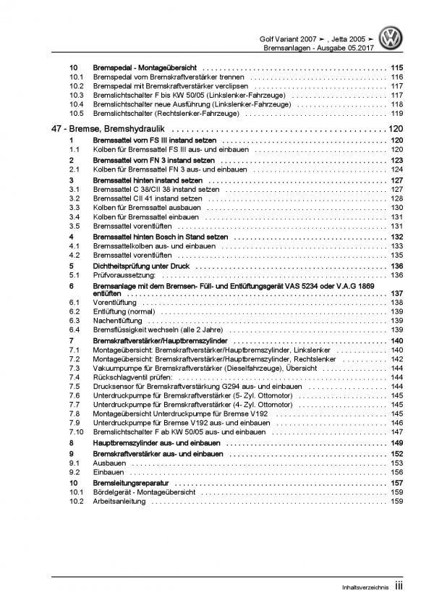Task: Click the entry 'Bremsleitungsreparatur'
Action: (x=121, y=482)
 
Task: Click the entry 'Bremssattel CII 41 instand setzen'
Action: (x=146, y=198)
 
